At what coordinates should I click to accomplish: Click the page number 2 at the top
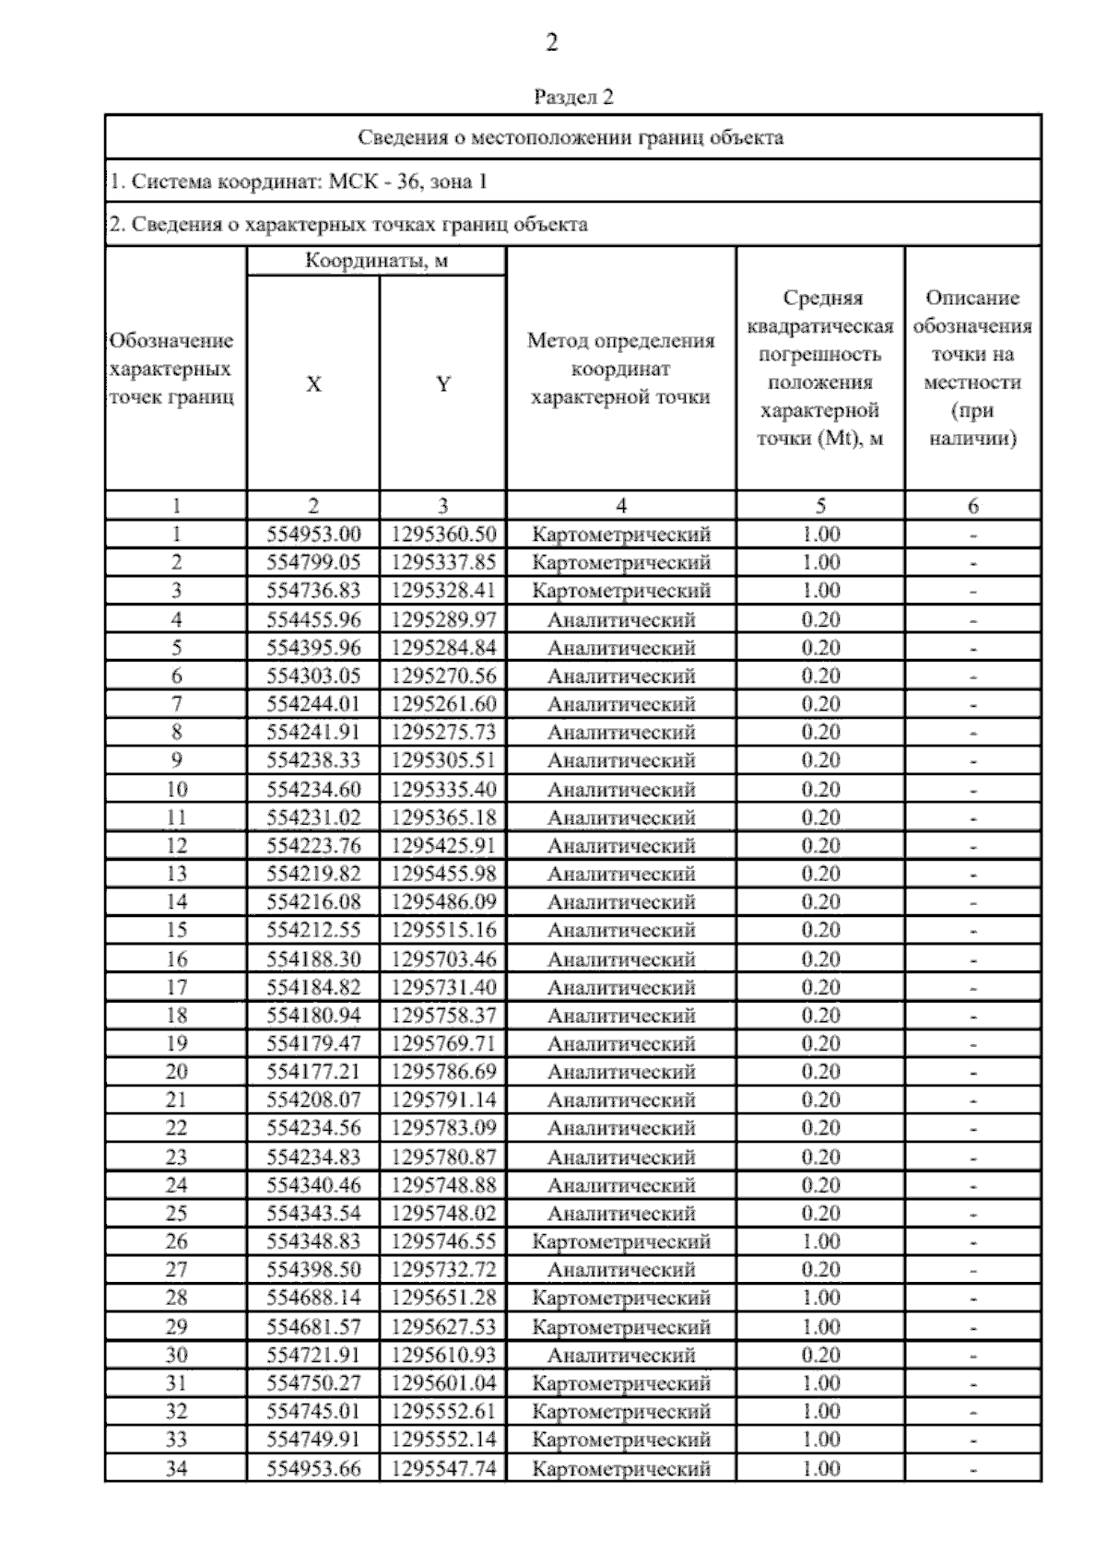[552, 43]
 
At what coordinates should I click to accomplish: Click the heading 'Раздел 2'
[573, 97]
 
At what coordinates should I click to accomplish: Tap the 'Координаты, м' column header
[376, 261]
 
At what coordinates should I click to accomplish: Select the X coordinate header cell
[313, 384]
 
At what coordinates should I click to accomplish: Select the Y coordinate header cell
[443, 384]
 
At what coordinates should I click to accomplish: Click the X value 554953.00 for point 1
[313, 535]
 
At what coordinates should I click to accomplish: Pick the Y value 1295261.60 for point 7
[443, 704]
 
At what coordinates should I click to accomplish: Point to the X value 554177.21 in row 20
[313, 1072]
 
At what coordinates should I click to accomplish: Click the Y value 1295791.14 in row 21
[443, 1099]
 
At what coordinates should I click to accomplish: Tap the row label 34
[176, 1468]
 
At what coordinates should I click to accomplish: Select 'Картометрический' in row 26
[621, 1241]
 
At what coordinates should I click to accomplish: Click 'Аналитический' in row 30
[621, 1355]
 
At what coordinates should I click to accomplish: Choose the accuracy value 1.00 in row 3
[820, 591]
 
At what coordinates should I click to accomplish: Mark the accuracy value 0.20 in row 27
[820, 1270]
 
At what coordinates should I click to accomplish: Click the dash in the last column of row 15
[973, 931]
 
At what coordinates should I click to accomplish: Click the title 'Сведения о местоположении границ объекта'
[571, 138]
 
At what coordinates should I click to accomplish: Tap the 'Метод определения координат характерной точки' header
[621, 369]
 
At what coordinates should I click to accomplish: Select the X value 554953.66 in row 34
[313, 1468]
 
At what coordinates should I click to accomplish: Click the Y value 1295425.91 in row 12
[443, 846]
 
